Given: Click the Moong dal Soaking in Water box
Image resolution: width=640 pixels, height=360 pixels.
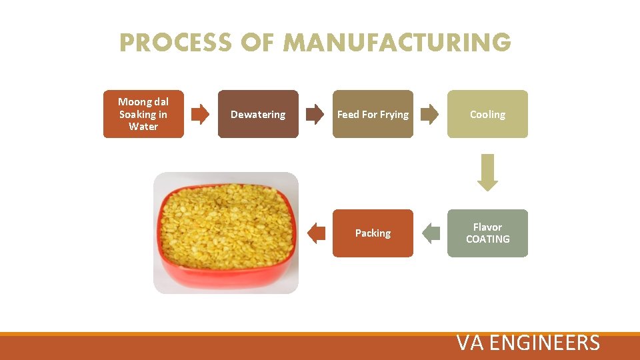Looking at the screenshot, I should click(143, 114).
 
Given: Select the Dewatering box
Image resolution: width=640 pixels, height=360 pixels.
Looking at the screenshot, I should click(258, 114).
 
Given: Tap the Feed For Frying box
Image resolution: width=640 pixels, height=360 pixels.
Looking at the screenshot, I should click(373, 114).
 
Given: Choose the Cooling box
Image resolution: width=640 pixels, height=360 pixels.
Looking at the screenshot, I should click(487, 114).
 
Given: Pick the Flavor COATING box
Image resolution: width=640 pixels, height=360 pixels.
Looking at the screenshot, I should click(487, 233).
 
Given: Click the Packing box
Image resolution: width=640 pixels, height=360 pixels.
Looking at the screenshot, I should click(373, 233).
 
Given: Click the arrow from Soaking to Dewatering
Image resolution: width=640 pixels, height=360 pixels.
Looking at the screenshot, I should click(200, 114).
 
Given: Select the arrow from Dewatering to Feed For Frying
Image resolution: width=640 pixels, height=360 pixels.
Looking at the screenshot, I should click(315, 114).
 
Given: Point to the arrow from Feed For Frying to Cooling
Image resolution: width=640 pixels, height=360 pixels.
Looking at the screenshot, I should click(430, 114).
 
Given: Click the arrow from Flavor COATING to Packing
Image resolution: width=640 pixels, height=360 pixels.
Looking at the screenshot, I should click(431, 233).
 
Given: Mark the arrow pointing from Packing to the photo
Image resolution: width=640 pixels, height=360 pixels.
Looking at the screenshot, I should click(316, 233).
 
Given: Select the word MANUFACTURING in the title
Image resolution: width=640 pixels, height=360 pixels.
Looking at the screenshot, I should click(397, 43).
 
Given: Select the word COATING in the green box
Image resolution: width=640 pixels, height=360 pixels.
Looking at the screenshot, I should click(487, 239).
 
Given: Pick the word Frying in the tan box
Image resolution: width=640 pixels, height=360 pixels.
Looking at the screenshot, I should click(394, 115).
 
